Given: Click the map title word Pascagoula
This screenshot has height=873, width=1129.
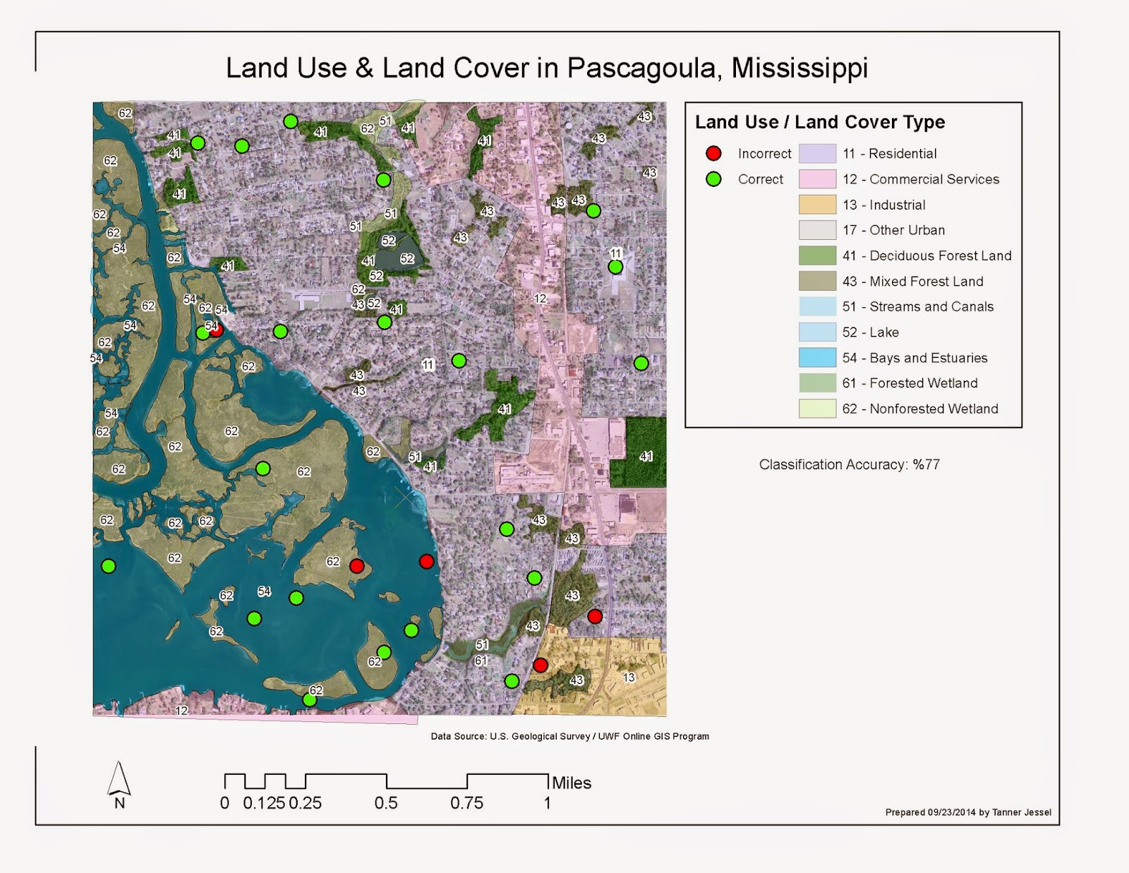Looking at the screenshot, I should [644, 68].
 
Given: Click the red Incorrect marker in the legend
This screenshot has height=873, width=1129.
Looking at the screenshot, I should [713, 153].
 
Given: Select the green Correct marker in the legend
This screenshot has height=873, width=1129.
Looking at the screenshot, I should [713, 179].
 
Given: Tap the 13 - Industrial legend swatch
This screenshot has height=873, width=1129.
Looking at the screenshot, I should [817, 205].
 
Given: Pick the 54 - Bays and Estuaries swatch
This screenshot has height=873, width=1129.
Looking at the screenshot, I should [817, 358].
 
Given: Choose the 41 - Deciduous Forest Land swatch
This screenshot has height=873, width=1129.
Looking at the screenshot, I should [817, 255].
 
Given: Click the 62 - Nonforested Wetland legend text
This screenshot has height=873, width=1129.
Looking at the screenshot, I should [919, 409].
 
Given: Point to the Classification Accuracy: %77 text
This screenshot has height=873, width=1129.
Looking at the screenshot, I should [849, 464].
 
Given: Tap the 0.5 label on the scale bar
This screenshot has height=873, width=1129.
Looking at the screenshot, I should [386, 803].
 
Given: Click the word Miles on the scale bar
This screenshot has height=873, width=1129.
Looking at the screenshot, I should [572, 783].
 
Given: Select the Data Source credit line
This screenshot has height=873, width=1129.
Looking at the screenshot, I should [569, 736].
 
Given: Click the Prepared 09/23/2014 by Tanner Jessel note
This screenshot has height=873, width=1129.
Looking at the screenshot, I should [968, 812].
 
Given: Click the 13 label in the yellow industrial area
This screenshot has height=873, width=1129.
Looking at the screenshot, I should [629, 678].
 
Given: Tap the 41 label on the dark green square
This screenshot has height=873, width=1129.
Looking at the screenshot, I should [646, 457].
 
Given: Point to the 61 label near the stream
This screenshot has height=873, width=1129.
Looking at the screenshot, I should [481, 661].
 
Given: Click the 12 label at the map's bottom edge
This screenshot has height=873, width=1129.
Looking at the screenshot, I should [181, 711].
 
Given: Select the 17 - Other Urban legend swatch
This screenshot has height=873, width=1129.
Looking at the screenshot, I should [817, 230].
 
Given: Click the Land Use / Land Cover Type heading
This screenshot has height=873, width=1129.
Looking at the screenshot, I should [820, 122].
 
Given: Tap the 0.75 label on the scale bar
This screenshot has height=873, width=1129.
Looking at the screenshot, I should [466, 803].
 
